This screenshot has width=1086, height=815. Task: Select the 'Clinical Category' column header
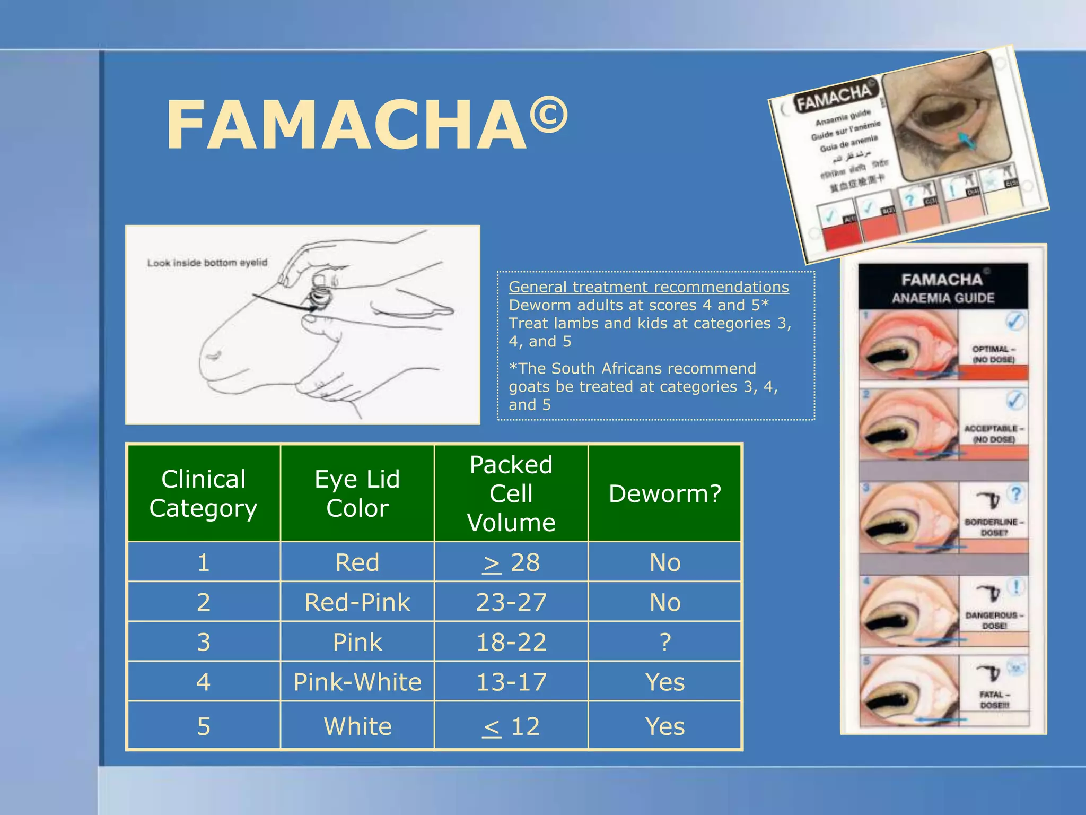tap(204, 493)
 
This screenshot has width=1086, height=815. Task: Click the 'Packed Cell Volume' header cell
tap(511, 493)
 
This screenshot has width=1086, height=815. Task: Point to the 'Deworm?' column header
tap(665, 493)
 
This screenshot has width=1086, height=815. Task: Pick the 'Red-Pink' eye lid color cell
tap(357, 602)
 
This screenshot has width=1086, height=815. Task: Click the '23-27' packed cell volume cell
tap(511, 602)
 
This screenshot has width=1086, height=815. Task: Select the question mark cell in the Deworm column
tap(665, 642)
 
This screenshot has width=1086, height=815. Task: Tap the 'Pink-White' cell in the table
tap(357, 682)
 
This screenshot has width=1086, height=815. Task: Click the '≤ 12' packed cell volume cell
tap(511, 726)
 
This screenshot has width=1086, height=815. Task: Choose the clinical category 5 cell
tap(204, 726)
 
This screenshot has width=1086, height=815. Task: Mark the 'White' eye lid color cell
tap(357, 726)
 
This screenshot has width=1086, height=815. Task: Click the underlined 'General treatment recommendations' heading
tap(649, 287)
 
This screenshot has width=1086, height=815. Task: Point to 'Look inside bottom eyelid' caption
tap(207, 263)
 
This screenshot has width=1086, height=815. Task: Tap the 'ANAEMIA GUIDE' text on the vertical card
tap(943, 298)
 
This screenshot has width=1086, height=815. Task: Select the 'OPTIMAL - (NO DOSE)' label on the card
tap(993, 354)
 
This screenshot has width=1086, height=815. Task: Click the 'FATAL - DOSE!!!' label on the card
tap(994, 699)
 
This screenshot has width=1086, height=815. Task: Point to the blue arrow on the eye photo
tap(966, 141)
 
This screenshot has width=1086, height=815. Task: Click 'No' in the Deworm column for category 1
tap(665, 562)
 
